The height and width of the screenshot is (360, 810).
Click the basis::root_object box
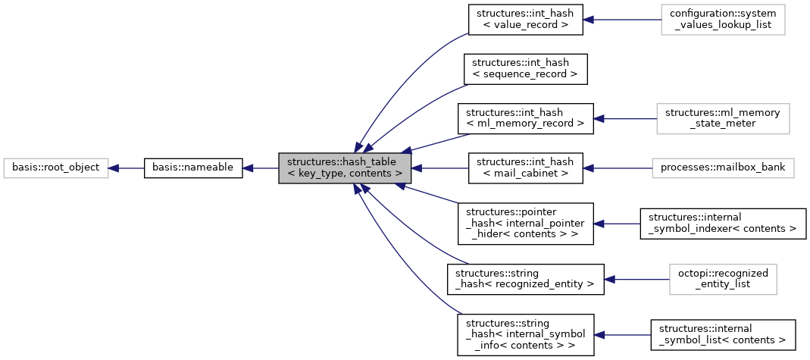55,167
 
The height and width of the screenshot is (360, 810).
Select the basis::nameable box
192,167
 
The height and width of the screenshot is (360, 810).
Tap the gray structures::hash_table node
345,167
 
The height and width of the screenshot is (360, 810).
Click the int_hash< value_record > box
525,20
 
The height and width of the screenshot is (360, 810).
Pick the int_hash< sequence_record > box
525,68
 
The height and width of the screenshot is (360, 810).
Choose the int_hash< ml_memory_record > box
525,118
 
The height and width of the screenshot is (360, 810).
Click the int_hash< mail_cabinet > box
525,167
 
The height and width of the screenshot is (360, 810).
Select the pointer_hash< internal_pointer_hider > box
525,224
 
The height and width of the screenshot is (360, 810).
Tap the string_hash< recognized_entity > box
525,280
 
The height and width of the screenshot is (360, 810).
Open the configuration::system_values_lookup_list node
722,20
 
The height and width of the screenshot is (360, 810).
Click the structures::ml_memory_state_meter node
722,118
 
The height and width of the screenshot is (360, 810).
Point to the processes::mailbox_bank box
722,167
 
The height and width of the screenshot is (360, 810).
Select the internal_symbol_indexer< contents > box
722,224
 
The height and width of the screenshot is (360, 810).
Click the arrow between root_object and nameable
126,167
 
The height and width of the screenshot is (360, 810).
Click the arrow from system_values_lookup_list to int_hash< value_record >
621,20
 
